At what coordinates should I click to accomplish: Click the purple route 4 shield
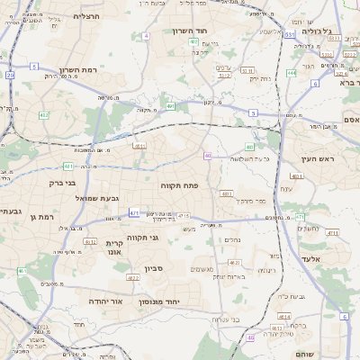[145, 36]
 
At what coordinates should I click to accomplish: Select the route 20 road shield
[10, 76]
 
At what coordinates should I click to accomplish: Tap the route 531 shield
[290, 34]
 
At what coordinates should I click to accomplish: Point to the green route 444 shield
[291, 73]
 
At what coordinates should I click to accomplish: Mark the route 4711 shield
[332, 233]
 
